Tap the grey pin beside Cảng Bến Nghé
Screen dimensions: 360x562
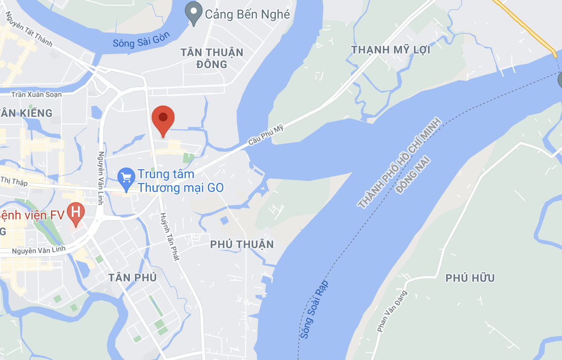pyautogui.click(x=193, y=12)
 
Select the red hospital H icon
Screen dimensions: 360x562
pyautogui.click(x=76, y=212)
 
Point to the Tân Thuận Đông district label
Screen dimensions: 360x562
pyautogui.click(x=212, y=58)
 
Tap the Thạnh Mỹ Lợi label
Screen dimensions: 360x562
pyautogui.click(x=390, y=50)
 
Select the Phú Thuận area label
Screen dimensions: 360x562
pyautogui.click(x=242, y=244)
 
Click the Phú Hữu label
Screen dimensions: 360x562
pyautogui.click(x=470, y=278)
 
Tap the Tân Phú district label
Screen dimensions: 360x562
pyautogui.click(x=133, y=278)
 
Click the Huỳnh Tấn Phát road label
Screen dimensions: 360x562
pyautogui.click(x=169, y=236)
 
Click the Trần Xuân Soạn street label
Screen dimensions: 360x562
pyautogui.click(x=36, y=94)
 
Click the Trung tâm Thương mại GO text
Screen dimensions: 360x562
pyautogui.click(x=180, y=181)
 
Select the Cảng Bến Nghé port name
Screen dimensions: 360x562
pyautogui.click(x=247, y=14)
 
